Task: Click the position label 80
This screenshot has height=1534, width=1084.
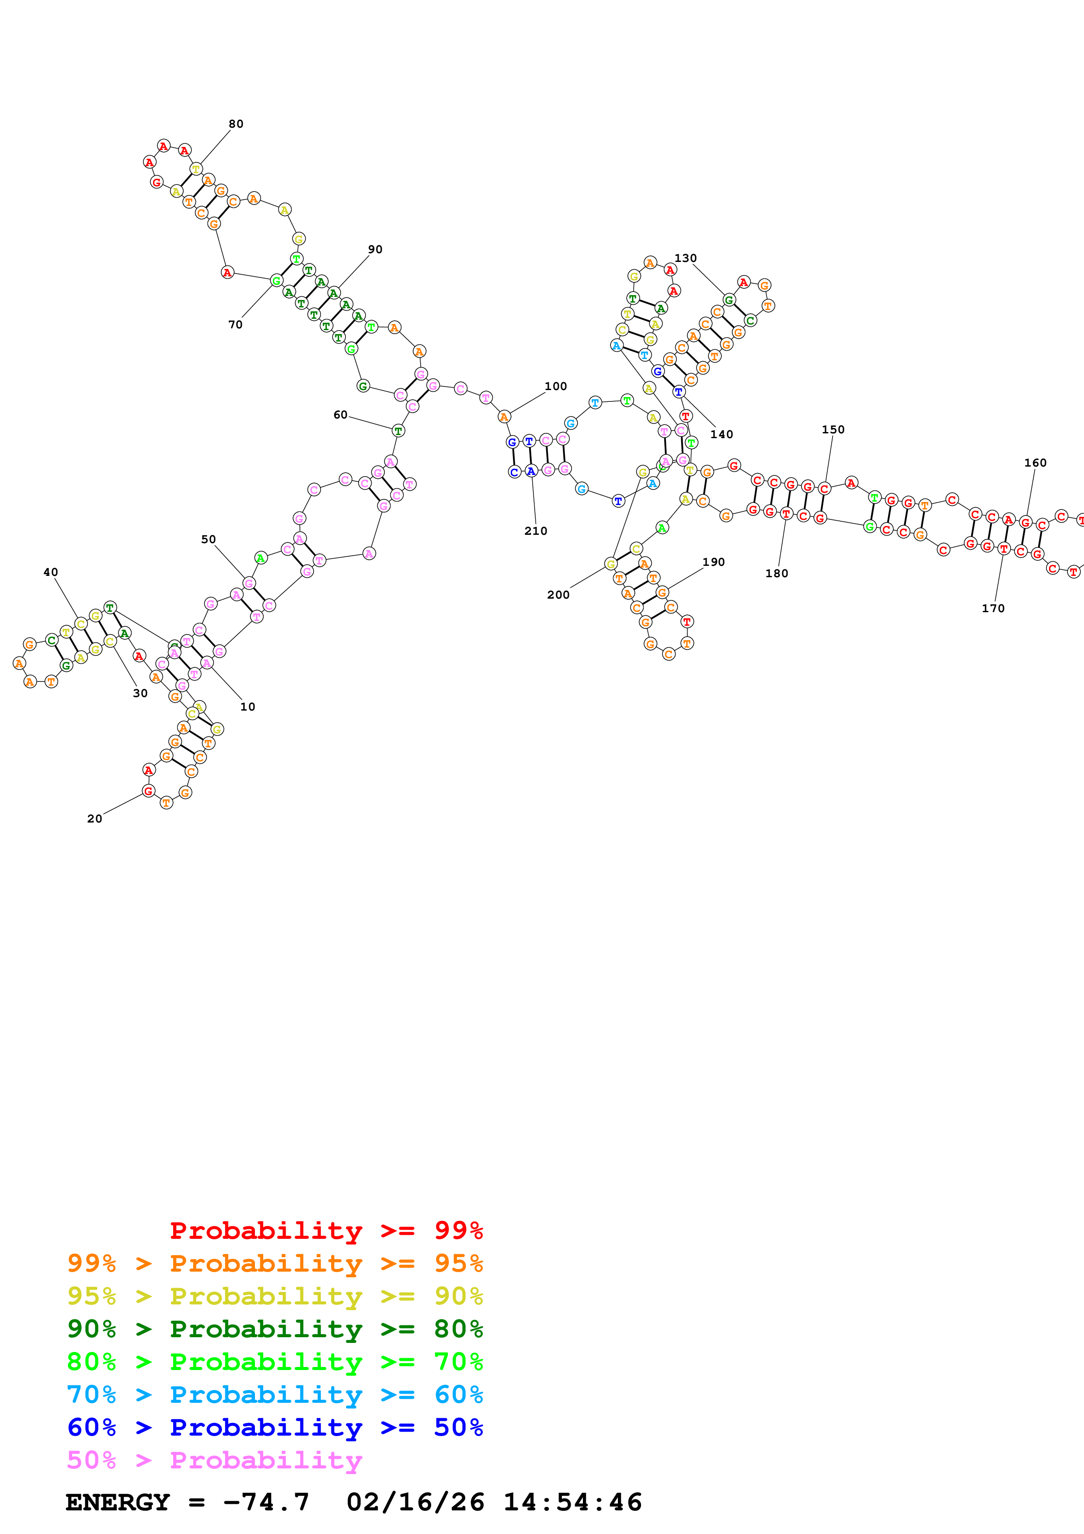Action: click(236, 124)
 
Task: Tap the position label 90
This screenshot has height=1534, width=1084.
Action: click(375, 250)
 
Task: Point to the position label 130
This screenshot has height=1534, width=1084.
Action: click(685, 258)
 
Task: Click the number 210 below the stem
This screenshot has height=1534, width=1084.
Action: click(536, 531)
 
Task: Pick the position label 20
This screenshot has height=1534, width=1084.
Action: click(95, 819)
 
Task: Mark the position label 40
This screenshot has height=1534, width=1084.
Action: click(51, 572)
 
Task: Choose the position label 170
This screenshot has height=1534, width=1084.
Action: click(993, 609)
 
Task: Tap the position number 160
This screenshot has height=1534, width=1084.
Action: click(1035, 463)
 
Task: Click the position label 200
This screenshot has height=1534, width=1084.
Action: click(558, 595)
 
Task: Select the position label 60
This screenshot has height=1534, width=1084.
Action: click(341, 415)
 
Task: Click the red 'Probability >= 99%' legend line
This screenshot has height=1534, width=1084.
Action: click(326, 1231)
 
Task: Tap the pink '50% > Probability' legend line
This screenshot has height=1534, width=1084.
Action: click(214, 1461)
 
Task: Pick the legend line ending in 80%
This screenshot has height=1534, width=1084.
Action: click(275, 1329)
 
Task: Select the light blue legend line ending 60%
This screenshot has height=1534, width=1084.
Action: click(275, 1395)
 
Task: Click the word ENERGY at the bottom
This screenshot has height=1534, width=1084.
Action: click(118, 1503)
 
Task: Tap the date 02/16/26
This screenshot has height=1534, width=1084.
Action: click(415, 1503)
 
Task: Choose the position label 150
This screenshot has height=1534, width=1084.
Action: click(833, 430)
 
